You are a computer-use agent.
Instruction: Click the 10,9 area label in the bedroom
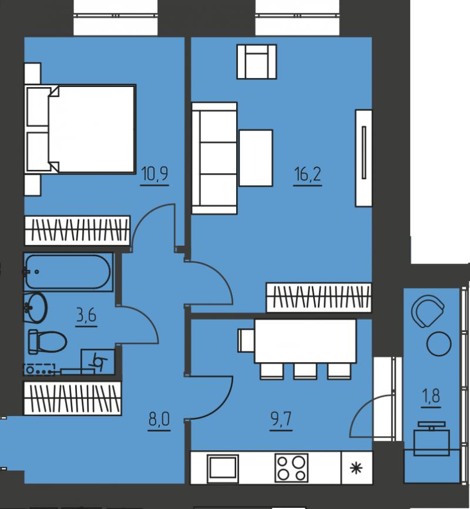tap(155, 174)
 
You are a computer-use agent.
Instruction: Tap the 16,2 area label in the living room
tap(308, 174)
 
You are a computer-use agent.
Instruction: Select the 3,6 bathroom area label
tap(86, 315)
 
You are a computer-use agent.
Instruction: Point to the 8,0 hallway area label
tap(159, 420)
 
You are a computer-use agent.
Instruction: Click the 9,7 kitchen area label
tap(281, 420)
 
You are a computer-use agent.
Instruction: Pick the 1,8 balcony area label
tap(431, 396)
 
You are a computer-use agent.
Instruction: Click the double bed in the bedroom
tap(80, 129)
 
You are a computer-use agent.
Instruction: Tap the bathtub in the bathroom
tap(68, 272)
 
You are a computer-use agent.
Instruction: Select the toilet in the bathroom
tap(48, 341)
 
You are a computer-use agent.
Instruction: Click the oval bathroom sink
tap(35, 307)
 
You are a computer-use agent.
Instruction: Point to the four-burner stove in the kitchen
tap(291, 467)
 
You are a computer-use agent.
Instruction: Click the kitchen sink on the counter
tap(223, 467)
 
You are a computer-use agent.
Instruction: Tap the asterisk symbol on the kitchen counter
tap(356, 468)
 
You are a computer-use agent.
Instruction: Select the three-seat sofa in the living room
tap(214, 158)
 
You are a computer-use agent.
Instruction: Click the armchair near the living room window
tap(257, 62)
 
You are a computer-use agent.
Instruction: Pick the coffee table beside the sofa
tap(256, 158)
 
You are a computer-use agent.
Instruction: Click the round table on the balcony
tap(438, 344)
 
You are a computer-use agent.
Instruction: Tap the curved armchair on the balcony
tap(428, 312)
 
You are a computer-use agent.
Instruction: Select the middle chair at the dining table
tap(305, 371)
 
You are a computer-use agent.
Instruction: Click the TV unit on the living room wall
tap(364, 158)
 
